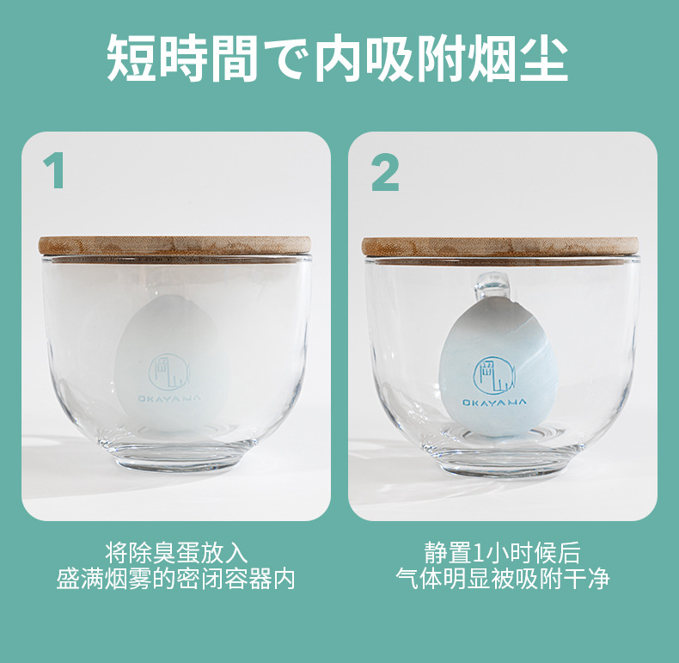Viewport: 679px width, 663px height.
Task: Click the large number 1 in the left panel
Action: [x=56, y=172]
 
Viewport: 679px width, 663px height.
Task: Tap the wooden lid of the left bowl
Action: [x=175, y=245]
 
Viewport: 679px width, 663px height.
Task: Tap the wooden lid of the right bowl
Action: [x=502, y=246]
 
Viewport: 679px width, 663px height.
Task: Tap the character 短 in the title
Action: [x=135, y=58]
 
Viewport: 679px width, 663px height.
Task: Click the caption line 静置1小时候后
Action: [x=502, y=551]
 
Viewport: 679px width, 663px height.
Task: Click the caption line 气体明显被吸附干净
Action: [x=502, y=578]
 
